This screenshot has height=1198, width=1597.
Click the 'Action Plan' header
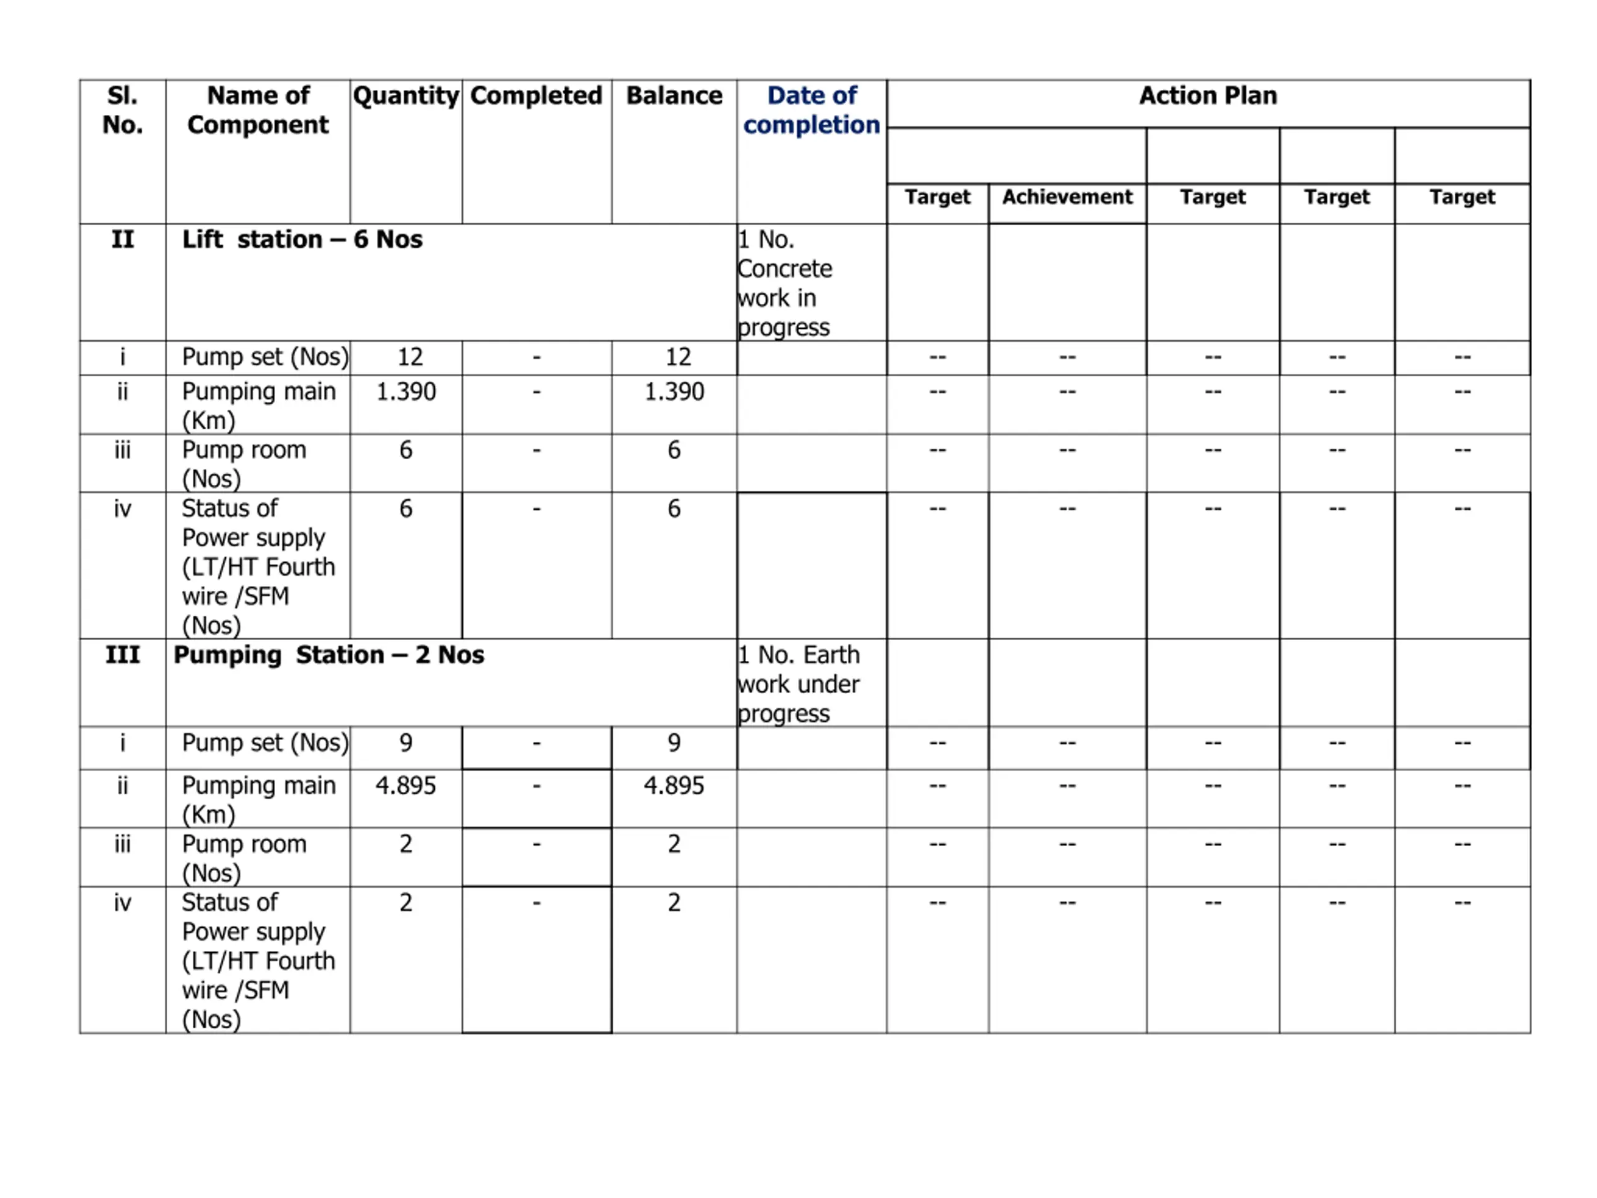[x=1207, y=96]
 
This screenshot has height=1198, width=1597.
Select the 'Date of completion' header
[x=812, y=110]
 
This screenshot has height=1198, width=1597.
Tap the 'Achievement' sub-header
[x=1067, y=197]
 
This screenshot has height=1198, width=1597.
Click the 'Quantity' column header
[x=405, y=96]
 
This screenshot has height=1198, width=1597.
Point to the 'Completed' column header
[x=536, y=96]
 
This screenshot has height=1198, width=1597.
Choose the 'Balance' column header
[x=674, y=96]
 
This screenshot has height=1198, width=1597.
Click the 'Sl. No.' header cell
[x=123, y=110]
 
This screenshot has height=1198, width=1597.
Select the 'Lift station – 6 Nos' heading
[x=302, y=240]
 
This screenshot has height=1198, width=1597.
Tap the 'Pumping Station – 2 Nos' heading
[x=329, y=655]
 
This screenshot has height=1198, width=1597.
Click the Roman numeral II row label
[x=123, y=240]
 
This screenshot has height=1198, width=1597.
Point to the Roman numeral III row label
[x=123, y=655]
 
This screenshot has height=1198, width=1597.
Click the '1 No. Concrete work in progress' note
[x=785, y=283]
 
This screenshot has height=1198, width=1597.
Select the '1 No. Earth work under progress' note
[x=798, y=684]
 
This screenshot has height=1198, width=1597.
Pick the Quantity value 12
[x=410, y=357]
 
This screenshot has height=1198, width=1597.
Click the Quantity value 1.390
[x=405, y=392]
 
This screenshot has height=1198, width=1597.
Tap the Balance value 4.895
[x=674, y=786]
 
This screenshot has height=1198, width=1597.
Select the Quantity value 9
[x=405, y=743]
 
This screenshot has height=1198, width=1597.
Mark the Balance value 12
[x=678, y=357]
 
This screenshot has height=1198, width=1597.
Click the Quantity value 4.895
[x=405, y=786]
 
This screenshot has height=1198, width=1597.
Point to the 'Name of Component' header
[x=258, y=110]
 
